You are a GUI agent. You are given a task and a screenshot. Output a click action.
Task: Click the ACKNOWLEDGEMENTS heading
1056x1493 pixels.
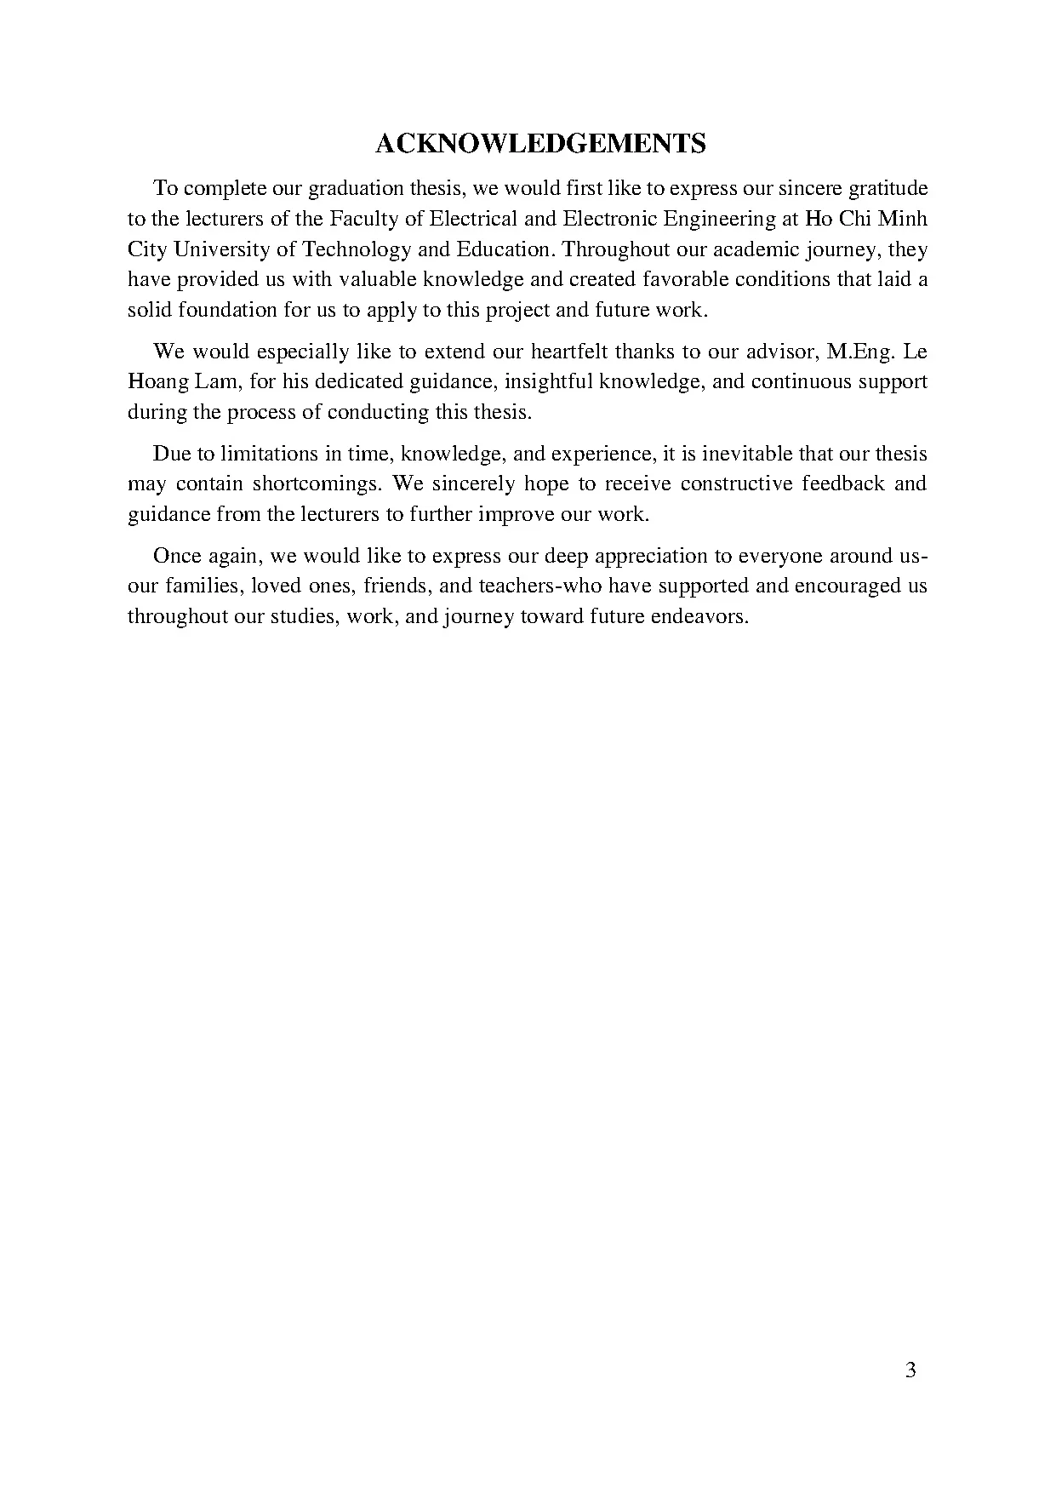coord(540,144)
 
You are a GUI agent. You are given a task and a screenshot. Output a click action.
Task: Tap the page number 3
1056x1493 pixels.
coord(910,1370)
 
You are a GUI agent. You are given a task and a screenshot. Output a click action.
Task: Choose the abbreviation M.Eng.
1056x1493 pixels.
coord(864,352)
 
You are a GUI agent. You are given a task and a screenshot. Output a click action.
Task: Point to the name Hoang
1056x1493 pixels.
coord(158,381)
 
